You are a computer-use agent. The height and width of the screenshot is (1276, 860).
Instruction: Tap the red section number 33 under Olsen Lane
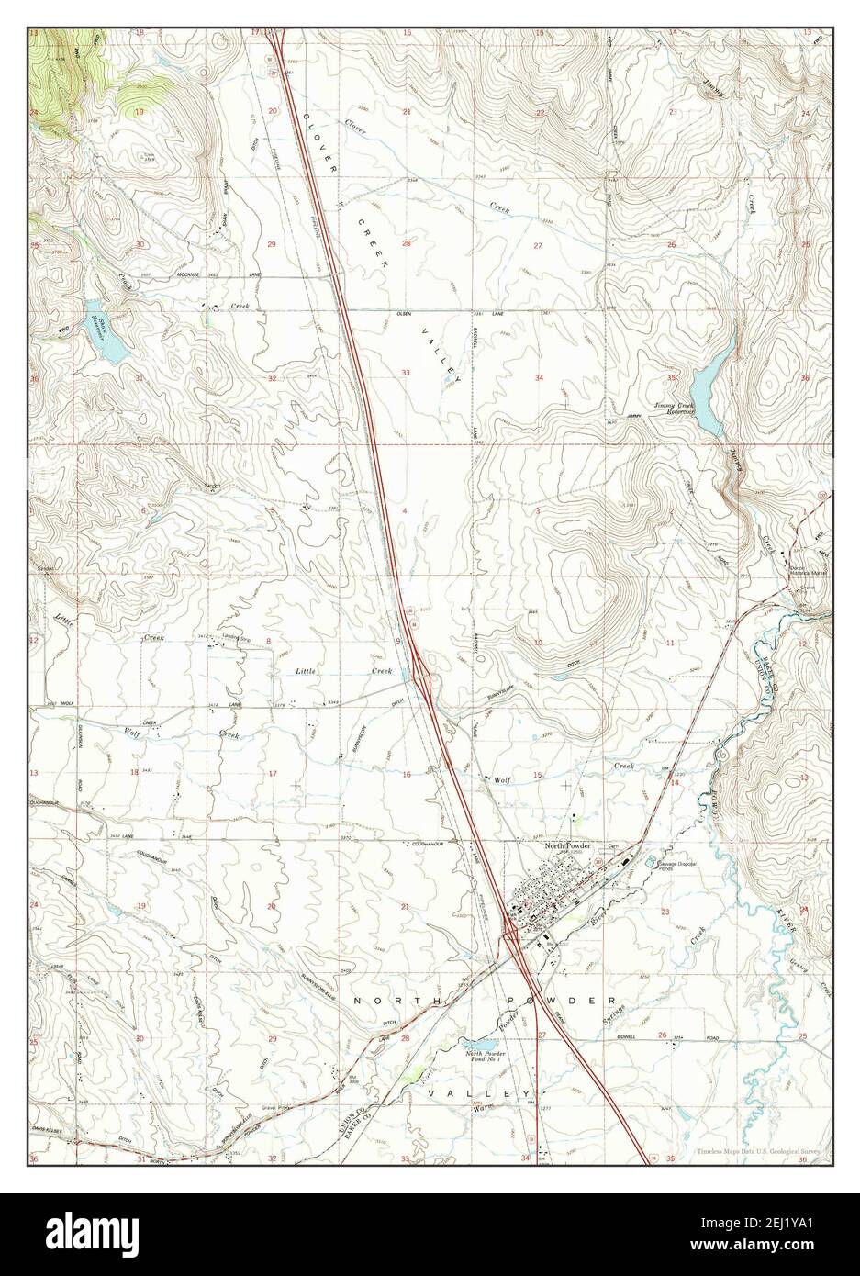tap(406, 372)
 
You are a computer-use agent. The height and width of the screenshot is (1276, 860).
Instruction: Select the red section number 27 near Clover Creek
tap(538, 245)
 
